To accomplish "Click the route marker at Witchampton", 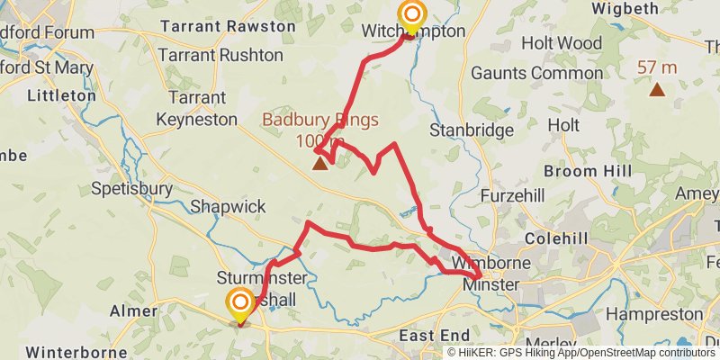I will (x=412, y=16).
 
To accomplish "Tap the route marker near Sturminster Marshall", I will (x=240, y=304).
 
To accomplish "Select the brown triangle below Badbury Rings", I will (x=319, y=164).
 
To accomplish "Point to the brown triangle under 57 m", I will (x=658, y=88).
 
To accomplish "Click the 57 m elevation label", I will (x=657, y=67).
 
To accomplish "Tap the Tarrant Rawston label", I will (x=227, y=27).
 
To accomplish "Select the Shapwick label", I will (x=228, y=207).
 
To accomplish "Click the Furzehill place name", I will (x=514, y=195).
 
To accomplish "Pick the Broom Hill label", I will (x=583, y=171).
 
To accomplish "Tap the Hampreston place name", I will (x=653, y=314).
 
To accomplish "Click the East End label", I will (x=429, y=336).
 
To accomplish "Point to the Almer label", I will (x=133, y=311).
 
